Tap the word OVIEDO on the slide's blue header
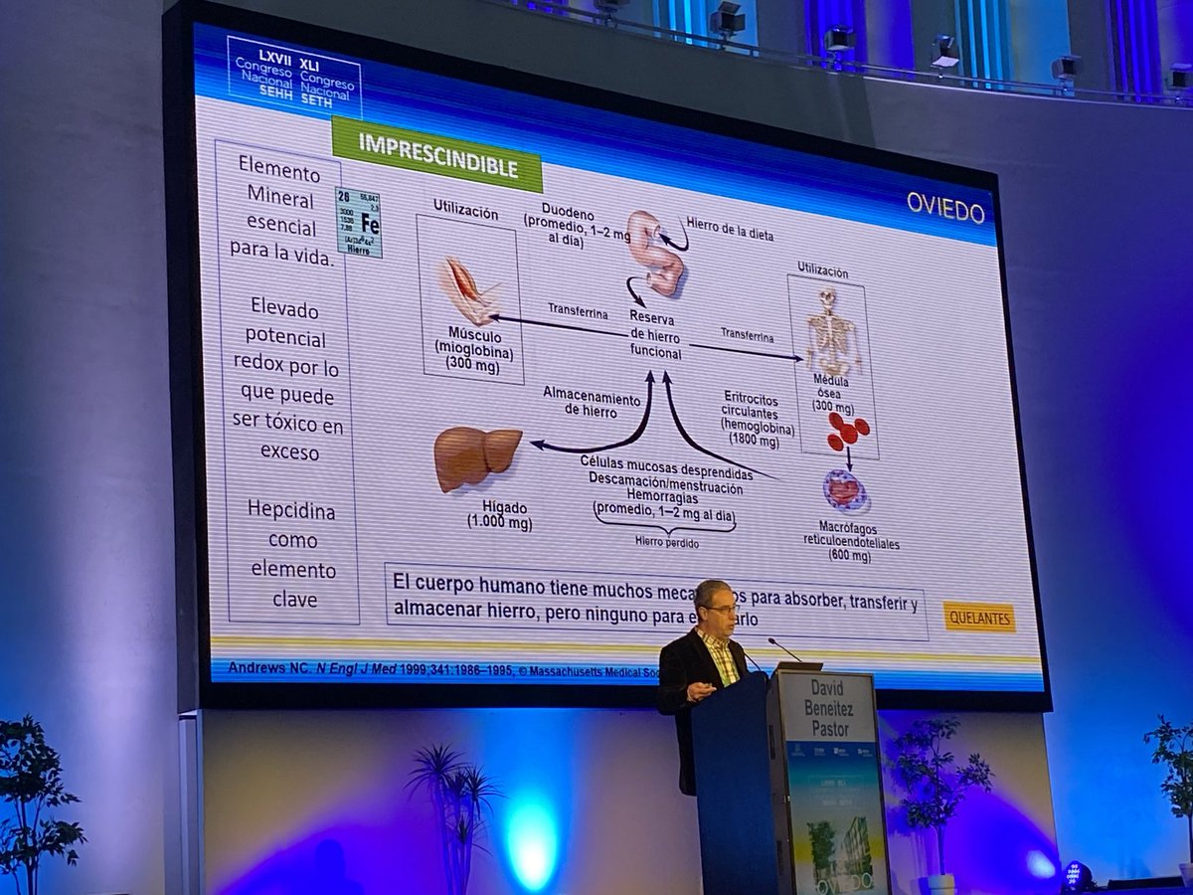click(944, 208)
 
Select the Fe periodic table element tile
click(359, 222)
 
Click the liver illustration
click(477, 455)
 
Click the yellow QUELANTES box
click(979, 617)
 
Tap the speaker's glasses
click(723, 608)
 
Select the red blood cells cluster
click(847, 431)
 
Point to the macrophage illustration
click(845, 490)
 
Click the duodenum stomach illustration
click(656, 253)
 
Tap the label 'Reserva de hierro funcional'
click(655, 335)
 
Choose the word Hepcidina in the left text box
click(290, 511)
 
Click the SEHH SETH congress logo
click(294, 77)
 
